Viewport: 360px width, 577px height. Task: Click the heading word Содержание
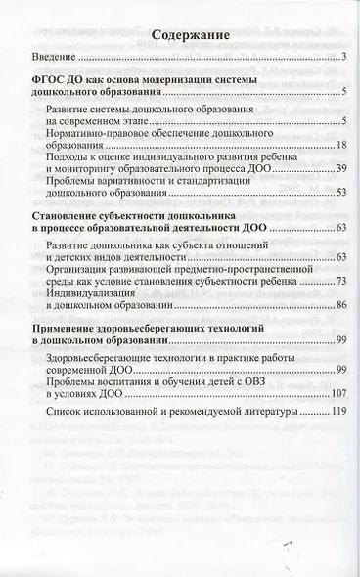[x=178, y=35]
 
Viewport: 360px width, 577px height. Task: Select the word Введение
[x=55, y=58]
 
